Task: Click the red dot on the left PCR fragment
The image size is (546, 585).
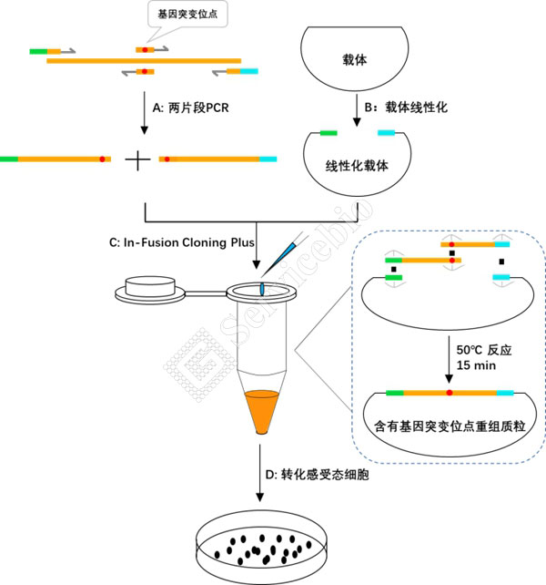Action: [x=103, y=159]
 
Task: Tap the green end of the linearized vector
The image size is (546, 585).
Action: [x=328, y=133]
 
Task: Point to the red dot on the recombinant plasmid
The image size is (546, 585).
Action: [x=450, y=393]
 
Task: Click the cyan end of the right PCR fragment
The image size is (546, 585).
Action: [x=268, y=159]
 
